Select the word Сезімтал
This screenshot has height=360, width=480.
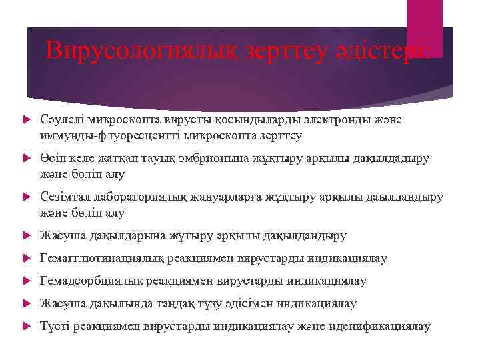[x=63, y=198]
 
